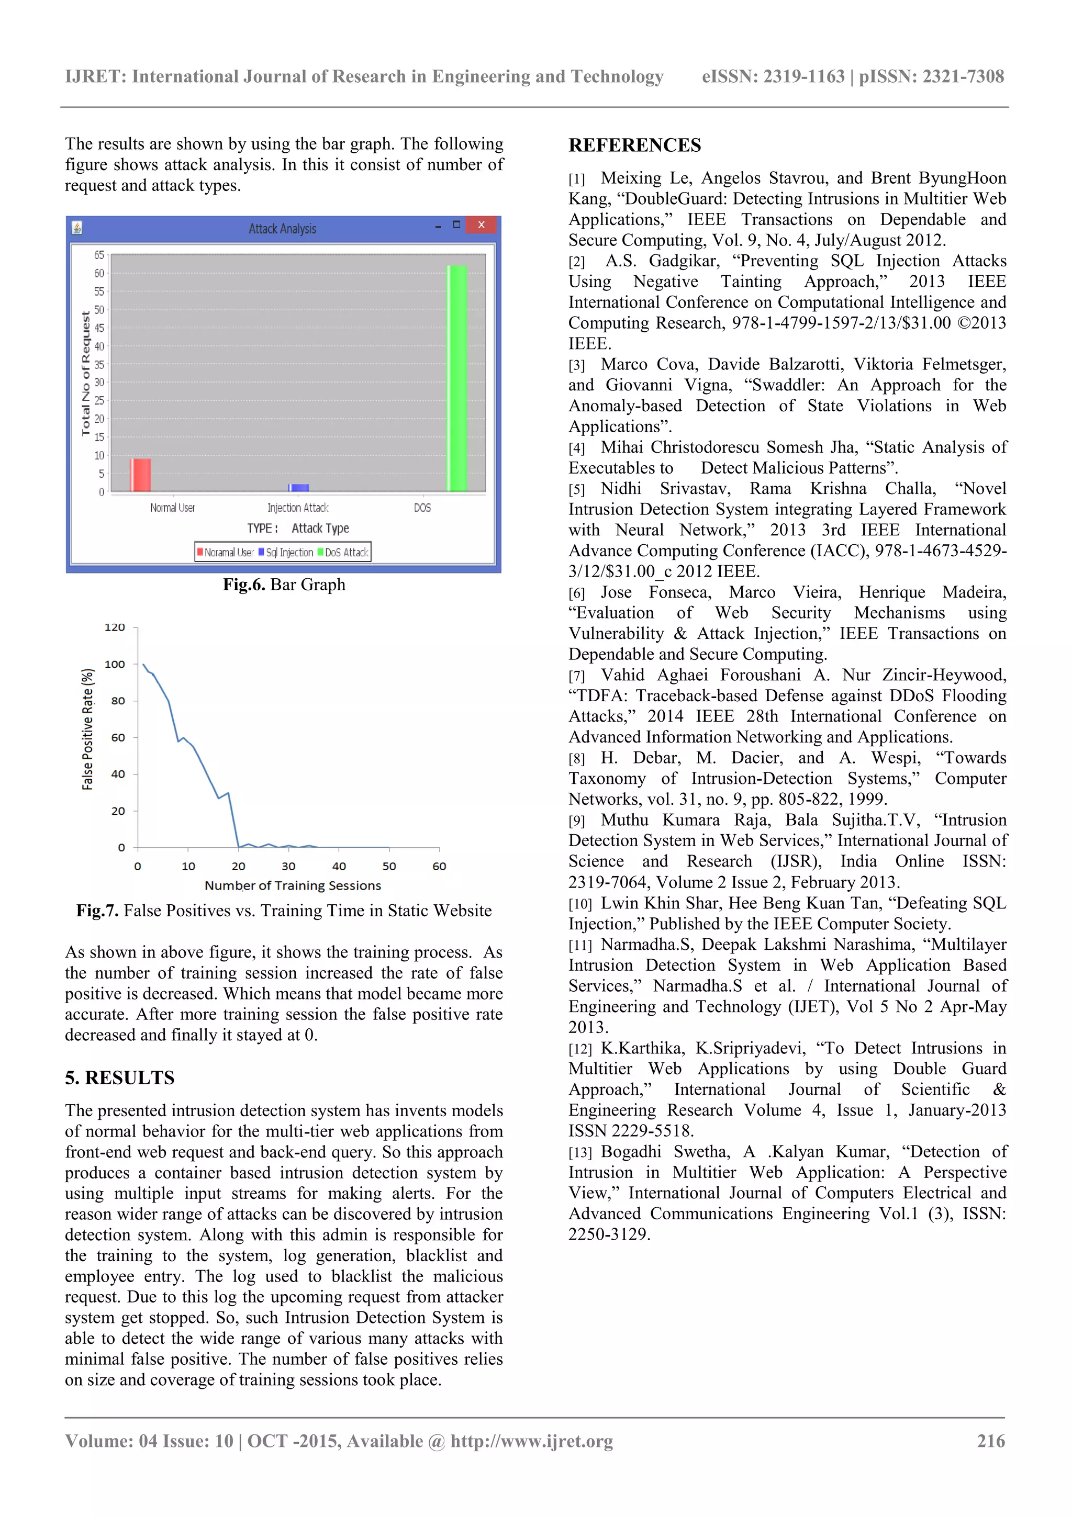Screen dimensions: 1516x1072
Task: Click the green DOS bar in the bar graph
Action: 457,378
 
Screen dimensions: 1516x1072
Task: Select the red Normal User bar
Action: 141,475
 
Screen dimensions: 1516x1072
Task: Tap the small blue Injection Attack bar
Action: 298,488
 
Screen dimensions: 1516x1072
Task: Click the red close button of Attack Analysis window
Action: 482,225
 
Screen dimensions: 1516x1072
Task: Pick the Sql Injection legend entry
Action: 286,552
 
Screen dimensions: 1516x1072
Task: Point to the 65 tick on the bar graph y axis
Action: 98,255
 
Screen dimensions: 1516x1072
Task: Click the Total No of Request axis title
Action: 85,373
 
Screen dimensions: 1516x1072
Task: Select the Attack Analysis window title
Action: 282,229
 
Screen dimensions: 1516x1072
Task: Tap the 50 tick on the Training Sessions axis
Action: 389,866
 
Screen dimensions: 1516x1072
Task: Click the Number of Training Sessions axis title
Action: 293,885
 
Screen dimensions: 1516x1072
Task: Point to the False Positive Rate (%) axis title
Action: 87,729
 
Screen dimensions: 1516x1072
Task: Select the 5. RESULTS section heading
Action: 119,1077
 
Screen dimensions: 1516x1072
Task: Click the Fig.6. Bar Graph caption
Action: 284,585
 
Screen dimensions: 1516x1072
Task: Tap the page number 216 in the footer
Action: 990,1441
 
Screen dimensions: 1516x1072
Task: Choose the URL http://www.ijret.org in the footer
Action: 532,1441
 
